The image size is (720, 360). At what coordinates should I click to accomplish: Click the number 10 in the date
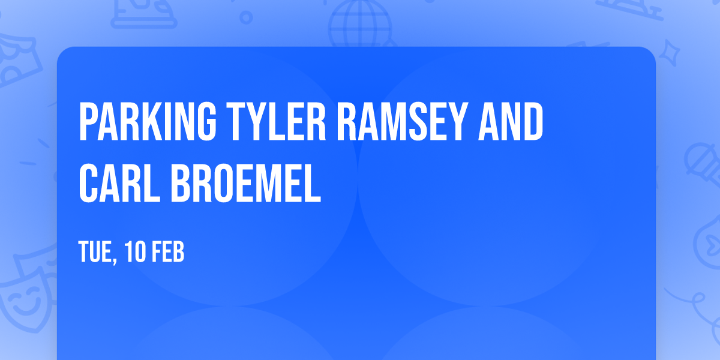tap(136, 253)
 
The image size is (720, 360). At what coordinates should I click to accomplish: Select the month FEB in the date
tap(168, 253)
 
